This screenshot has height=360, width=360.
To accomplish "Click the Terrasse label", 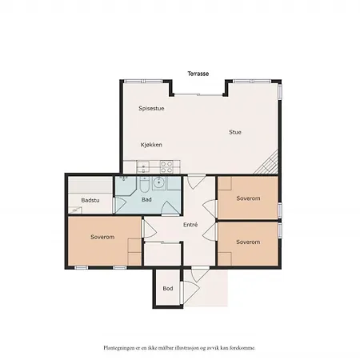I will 198,73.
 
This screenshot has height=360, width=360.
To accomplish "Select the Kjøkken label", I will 151,145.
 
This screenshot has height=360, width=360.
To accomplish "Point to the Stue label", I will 234,132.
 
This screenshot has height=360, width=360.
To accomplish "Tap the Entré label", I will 190,225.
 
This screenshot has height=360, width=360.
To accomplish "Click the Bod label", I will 167,288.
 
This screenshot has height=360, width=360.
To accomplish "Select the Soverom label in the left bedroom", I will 102,238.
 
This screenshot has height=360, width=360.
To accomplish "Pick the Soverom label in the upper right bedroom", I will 248,198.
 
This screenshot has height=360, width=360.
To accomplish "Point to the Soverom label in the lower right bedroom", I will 248,241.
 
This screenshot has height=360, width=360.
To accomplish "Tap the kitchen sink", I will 142,167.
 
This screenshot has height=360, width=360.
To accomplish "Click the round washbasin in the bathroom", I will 159,182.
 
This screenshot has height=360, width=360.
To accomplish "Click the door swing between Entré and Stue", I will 195,182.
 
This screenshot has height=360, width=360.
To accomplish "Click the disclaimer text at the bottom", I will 179,349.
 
